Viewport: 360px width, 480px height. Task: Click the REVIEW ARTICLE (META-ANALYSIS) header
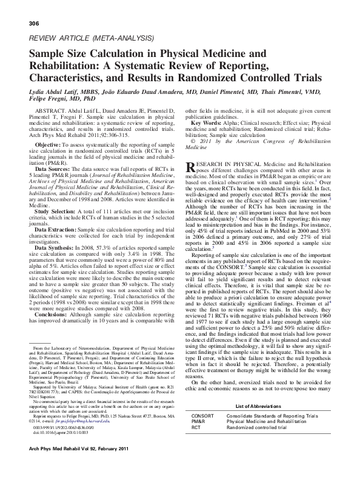(81, 38)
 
